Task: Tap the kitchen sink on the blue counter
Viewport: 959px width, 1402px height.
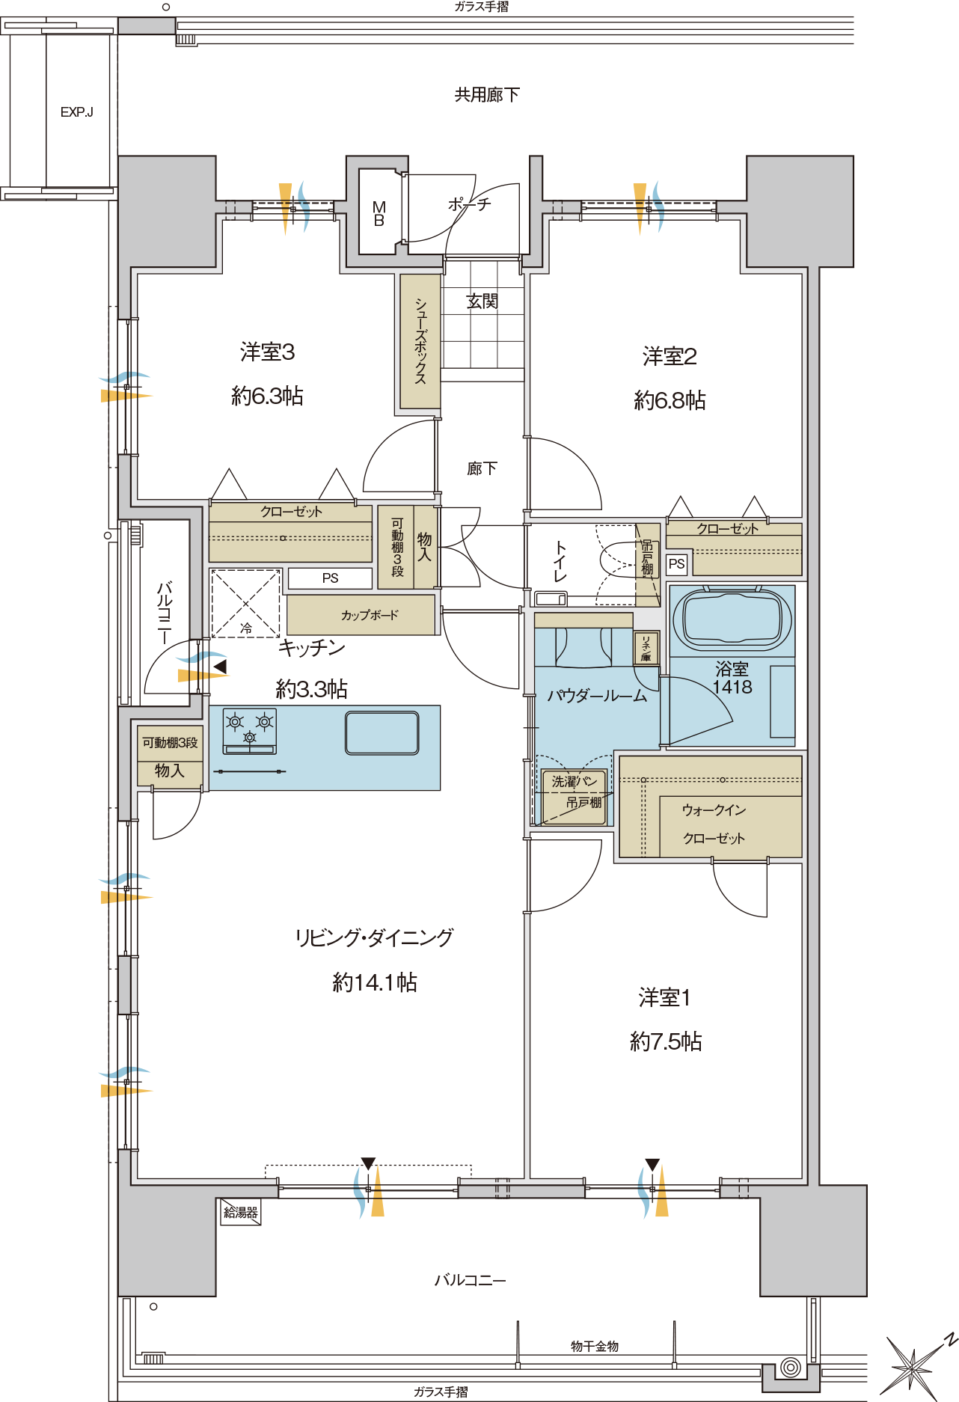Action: (x=382, y=732)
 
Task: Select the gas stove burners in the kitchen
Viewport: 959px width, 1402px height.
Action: (x=250, y=730)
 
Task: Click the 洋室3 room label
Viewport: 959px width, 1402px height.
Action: (x=267, y=352)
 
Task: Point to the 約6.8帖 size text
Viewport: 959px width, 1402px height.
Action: (x=670, y=400)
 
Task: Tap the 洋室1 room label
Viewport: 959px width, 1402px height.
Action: (x=664, y=997)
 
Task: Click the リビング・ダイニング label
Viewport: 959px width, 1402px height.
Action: (x=374, y=937)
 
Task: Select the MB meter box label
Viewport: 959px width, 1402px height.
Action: (x=379, y=214)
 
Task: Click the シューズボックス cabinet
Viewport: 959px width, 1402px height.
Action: (x=420, y=341)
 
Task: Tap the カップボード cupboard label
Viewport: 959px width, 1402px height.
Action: (x=370, y=615)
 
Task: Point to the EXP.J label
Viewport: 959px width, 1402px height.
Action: (x=77, y=112)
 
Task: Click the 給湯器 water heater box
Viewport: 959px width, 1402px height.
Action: (x=240, y=1212)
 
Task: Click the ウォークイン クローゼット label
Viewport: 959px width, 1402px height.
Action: (x=714, y=824)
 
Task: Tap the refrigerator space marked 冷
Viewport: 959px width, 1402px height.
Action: (x=245, y=603)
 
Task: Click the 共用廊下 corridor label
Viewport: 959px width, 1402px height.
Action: (x=487, y=95)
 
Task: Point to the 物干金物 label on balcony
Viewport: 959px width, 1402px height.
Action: (x=595, y=1346)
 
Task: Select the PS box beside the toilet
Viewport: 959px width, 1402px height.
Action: (x=676, y=564)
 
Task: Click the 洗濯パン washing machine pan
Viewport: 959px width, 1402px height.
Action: (x=574, y=798)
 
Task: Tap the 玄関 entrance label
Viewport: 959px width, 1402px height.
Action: (x=482, y=301)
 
